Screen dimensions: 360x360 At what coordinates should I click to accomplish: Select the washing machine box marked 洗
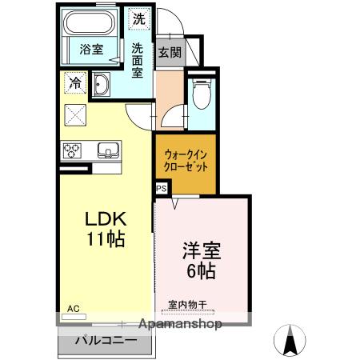coord(139,18)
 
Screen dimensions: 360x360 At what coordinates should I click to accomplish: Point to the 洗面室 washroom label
coord(138,59)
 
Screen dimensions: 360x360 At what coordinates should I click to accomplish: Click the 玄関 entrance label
coord(169,53)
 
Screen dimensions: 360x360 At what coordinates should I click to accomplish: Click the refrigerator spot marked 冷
coord(75,82)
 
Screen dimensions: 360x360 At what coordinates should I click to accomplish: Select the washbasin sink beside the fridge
coord(102,85)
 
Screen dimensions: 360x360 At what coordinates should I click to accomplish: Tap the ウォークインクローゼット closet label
coord(186,162)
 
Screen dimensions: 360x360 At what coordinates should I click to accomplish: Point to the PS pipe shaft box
coord(162,188)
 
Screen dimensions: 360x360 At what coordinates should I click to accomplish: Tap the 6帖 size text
coord(199,270)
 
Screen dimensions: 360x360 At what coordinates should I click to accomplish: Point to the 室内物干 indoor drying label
coord(187,304)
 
